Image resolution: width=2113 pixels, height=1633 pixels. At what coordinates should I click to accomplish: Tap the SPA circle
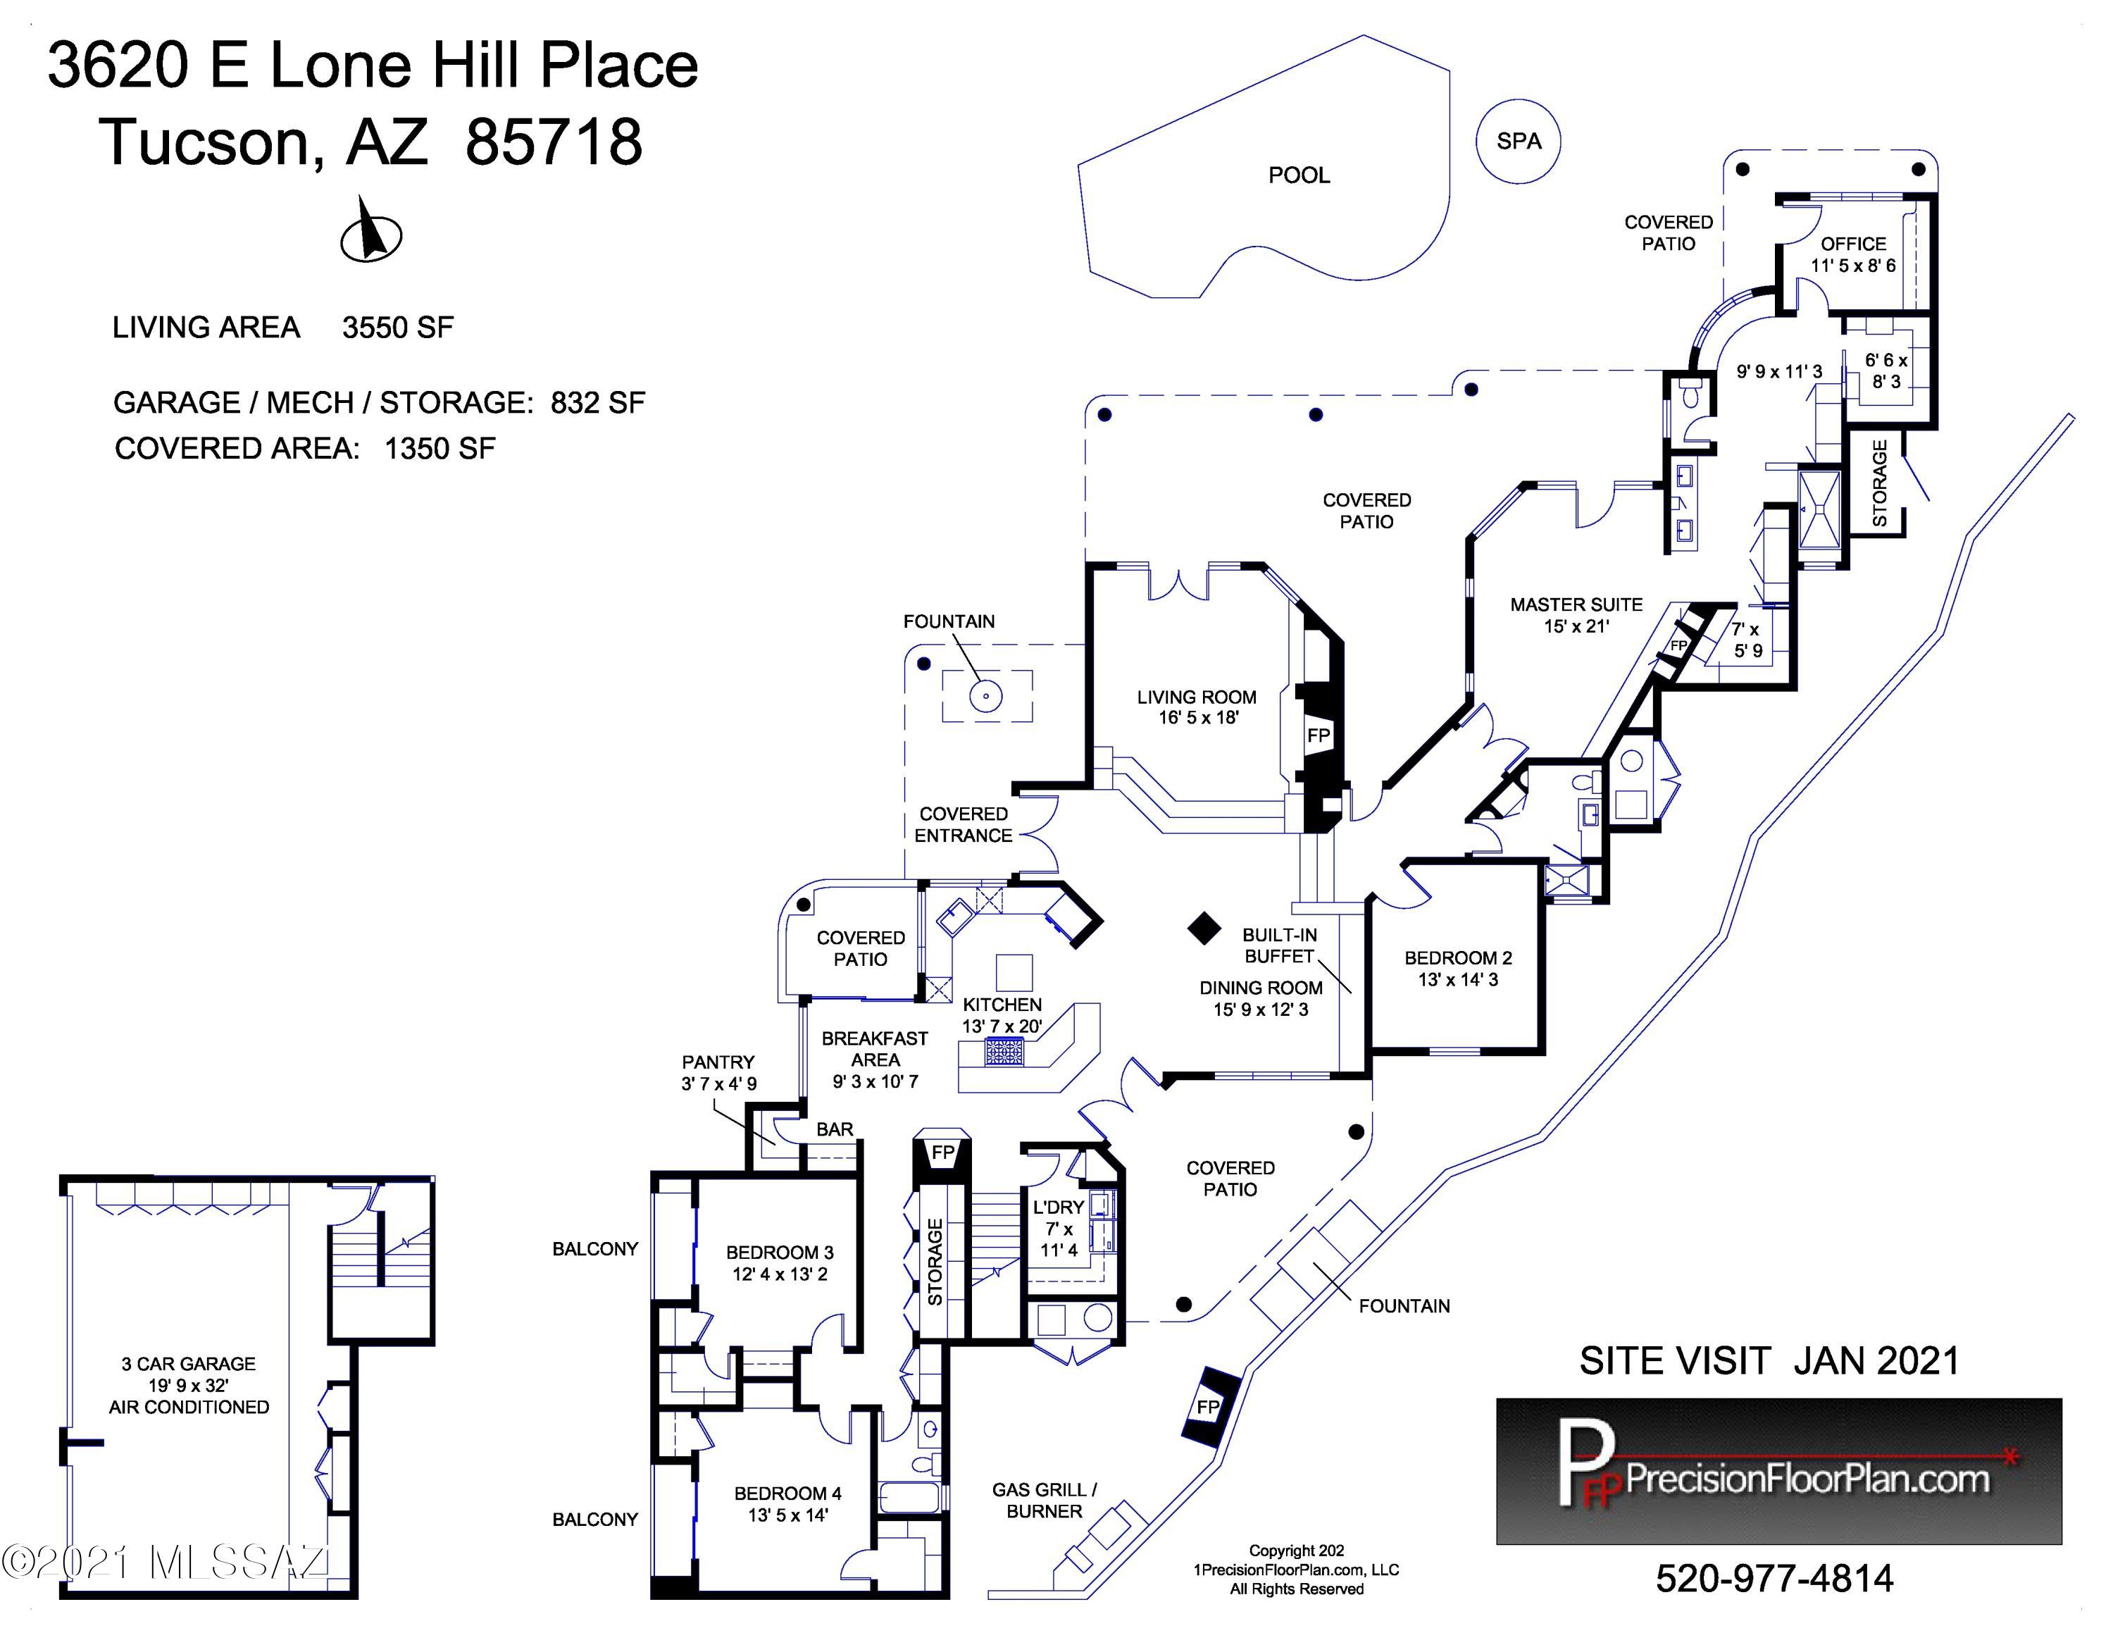pos(1517,141)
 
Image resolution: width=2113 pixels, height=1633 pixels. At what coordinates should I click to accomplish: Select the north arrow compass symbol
pos(370,232)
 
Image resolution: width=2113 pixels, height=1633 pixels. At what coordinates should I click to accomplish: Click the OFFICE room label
pos(1852,244)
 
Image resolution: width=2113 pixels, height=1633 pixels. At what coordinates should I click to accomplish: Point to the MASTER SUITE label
pos(1576,604)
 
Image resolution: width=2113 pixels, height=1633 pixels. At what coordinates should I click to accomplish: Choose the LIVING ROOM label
pos(1197,697)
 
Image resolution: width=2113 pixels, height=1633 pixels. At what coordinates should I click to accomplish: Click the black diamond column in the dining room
pos(1204,928)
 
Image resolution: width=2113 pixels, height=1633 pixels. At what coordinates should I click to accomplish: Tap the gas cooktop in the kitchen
pos(1003,1050)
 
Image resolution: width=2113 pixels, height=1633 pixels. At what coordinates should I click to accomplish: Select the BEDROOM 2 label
pos(1458,957)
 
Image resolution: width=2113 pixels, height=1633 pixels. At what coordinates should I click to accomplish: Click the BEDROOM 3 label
pos(780,1252)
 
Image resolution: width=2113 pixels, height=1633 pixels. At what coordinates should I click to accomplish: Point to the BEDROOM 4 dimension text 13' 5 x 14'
pos(787,1515)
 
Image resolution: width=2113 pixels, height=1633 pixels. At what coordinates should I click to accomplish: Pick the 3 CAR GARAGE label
pos(189,1364)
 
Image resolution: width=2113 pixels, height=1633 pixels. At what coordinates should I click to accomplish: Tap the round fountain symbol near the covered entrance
pos(986,695)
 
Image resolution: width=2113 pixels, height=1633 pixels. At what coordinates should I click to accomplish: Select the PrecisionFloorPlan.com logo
pos(1779,1470)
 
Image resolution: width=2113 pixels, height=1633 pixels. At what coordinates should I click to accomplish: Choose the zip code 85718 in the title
pos(554,141)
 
